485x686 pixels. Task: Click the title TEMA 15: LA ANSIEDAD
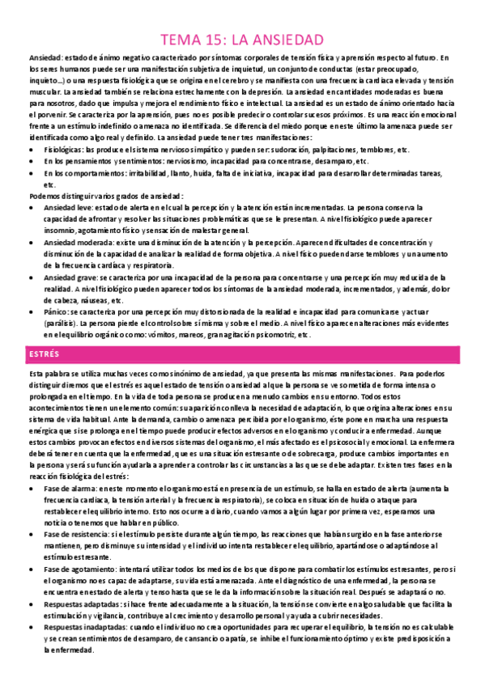tap(243, 40)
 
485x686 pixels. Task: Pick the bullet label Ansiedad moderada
tap(76, 242)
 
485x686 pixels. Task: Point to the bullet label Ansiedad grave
tap(70, 277)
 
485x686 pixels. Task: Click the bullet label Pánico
tap(57, 311)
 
